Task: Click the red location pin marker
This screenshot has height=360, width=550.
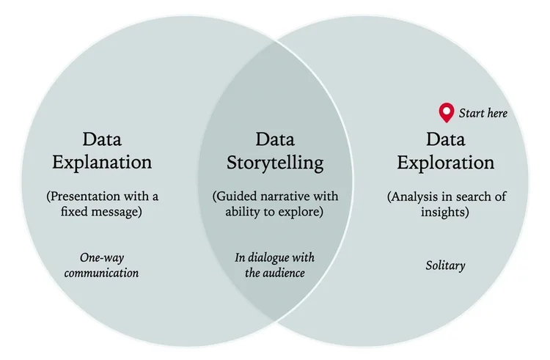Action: pyautogui.click(x=446, y=112)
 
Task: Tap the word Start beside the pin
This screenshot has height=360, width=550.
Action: pyautogui.click(x=472, y=113)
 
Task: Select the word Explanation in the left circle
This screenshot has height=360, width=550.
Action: pyautogui.click(x=101, y=161)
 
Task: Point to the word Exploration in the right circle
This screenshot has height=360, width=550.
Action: pyautogui.click(x=445, y=162)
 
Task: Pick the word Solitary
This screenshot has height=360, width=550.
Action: pyautogui.click(x=445, y=265)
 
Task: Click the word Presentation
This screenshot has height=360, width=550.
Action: pyautogui.click(x=90, y=196)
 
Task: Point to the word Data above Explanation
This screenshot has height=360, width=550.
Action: pyautogui.click(x=101, y=139)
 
